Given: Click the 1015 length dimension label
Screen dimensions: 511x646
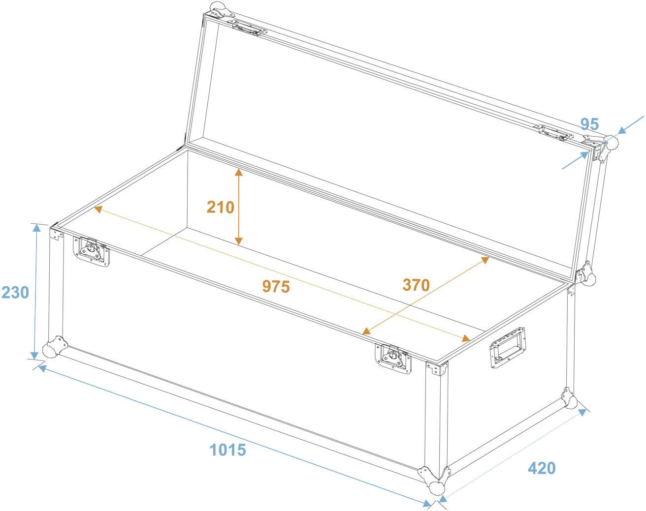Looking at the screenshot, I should click(x=227, y=449).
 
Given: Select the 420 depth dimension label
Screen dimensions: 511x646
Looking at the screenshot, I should click(x=542, y=468).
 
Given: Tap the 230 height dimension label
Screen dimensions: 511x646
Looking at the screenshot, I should click(x=15, y=293).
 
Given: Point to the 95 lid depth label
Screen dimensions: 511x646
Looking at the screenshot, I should click(x=589, y=124).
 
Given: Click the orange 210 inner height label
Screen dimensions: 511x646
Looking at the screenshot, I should click(x=220, y=207).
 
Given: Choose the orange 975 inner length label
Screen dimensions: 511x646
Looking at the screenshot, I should click(x=276, y=286).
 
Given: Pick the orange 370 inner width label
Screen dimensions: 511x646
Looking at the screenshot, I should click(x=416, y=284).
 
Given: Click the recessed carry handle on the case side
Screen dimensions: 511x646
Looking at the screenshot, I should click(x=507, y=346).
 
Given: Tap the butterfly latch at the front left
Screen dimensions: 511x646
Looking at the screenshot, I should click(x=92, y=250).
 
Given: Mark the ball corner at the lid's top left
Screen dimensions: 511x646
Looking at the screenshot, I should click(x=217, y=8).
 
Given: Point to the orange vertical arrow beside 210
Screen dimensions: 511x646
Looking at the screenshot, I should click(x=239, y=207).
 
